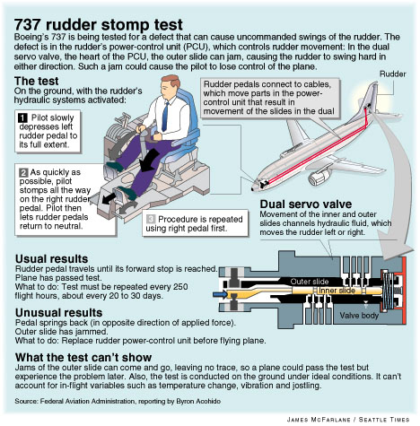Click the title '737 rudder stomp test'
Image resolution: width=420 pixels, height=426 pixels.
(99, 24)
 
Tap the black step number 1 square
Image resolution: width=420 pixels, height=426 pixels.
(22, 117)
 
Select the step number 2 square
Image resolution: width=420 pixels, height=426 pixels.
(23, 172)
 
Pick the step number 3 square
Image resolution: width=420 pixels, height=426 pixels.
(151, 219)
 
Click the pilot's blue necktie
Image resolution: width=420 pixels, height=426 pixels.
(165, 116)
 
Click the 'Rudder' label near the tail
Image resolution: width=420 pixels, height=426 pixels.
(393, 74)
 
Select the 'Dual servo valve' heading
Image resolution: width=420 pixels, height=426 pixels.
(306, 204)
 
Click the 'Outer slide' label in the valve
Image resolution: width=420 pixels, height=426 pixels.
(310, 282)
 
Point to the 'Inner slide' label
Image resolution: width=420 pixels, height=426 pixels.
(337, 291)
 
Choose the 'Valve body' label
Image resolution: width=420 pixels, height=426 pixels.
(359, 316)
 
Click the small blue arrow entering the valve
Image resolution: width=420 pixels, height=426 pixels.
(220, 295)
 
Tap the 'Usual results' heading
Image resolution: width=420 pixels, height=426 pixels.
(52, 259)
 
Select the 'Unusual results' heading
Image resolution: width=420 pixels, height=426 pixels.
(59, 313)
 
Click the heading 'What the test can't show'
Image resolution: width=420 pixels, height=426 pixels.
(83, 357)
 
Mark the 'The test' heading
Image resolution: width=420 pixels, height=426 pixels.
(37, 81)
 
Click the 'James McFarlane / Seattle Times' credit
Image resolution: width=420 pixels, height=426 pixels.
(348, 420)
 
